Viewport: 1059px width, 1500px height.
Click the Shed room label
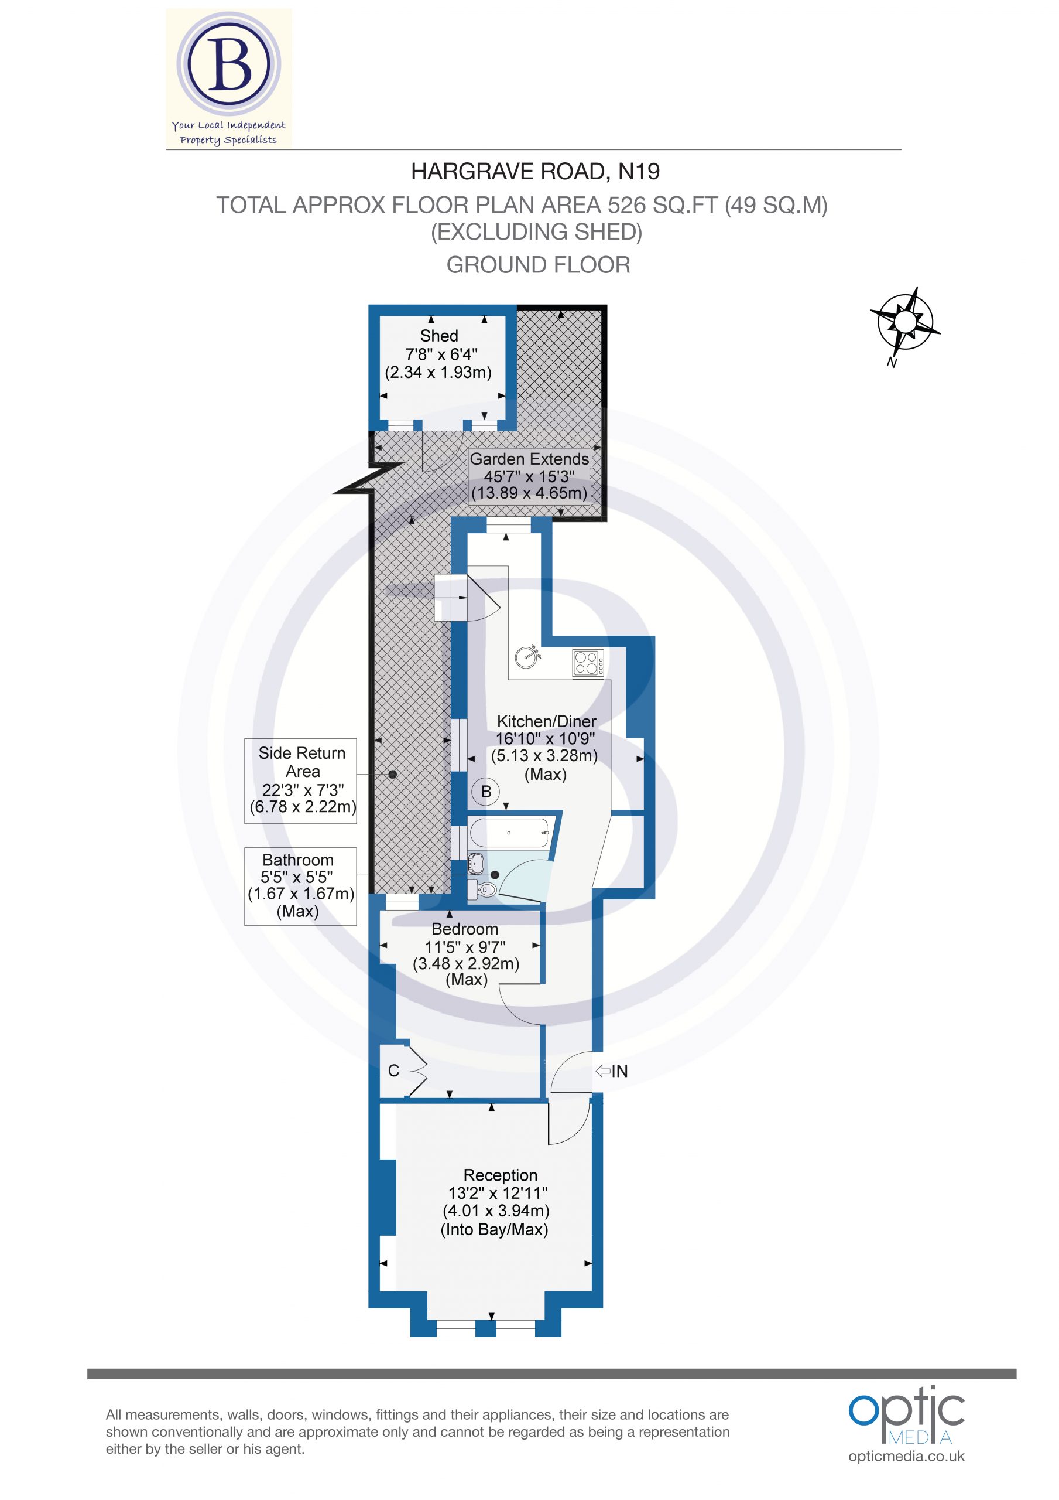(x=438, y=336)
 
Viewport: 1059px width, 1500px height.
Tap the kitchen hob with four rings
(x=588, y=663)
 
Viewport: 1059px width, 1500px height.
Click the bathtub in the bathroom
(x=509, y=833)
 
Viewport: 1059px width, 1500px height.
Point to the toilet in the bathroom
(x=486, y=889)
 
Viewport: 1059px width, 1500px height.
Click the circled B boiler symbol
(x=486, y=792)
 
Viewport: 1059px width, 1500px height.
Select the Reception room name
(x=500, y=1175)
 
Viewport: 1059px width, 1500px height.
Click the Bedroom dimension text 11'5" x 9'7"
(x=465, y=947)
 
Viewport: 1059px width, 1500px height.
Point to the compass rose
(x=905, y=322)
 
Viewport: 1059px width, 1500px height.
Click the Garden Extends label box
(x=529, y=476)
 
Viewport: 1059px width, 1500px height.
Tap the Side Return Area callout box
(x=301, y=780)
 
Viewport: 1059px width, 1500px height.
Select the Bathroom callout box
(x=300, y=886)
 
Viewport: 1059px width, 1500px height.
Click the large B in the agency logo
(x=228, y=64)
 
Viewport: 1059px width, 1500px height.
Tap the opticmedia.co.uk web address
(x=906, y=1455)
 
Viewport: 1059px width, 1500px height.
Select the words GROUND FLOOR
(x=538, y=265)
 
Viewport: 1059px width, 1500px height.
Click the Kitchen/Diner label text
(x=546, y=721)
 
